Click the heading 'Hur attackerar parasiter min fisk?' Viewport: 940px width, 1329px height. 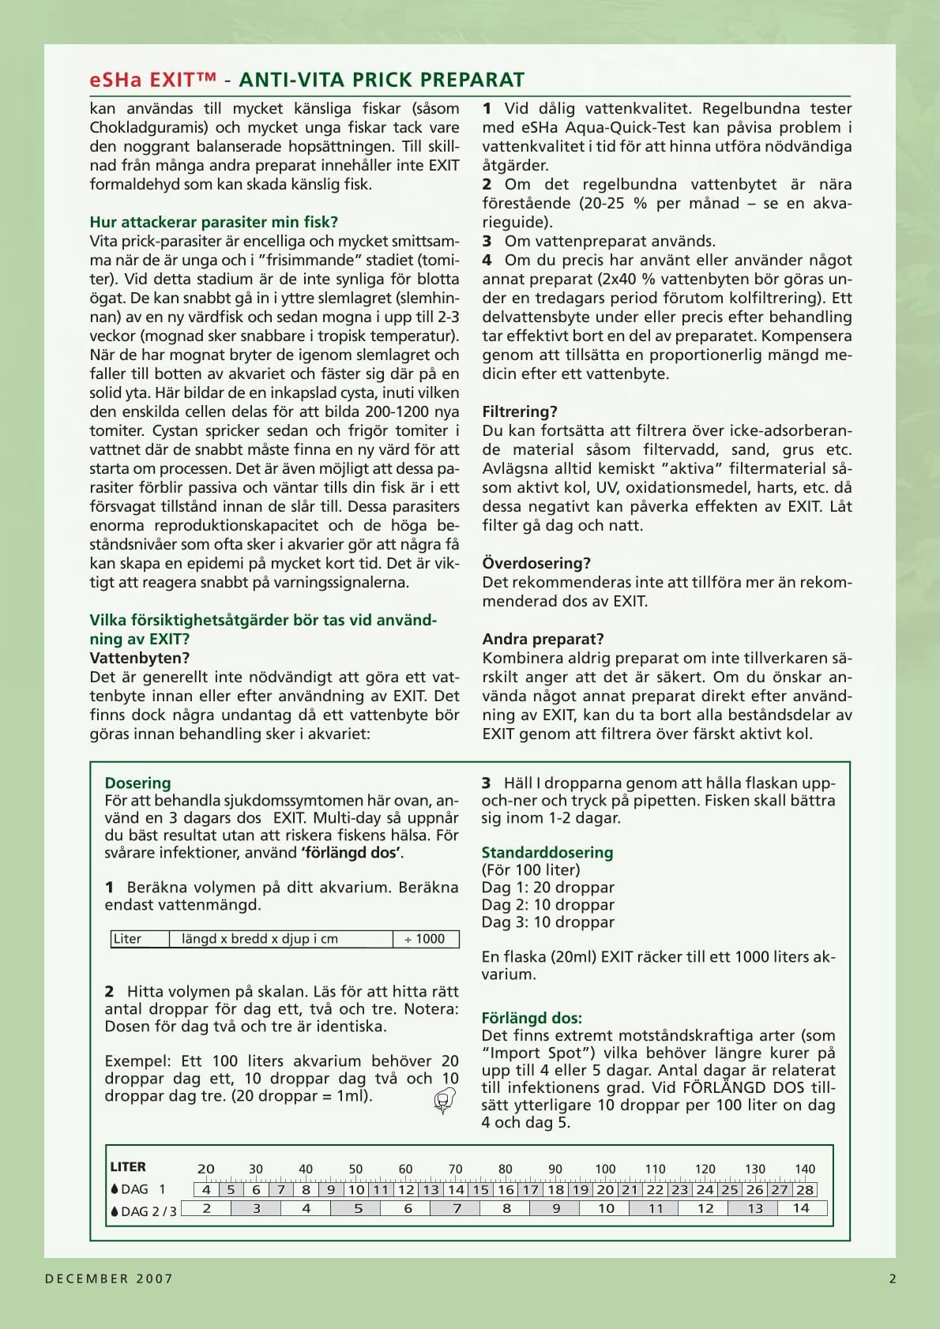pos(213,222)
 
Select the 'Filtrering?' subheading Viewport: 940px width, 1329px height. pos(520,411)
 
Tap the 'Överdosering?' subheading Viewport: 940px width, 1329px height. pos(536,563)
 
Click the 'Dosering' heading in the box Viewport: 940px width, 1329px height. pos(137,783)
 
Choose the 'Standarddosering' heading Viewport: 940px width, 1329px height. pos(547,852)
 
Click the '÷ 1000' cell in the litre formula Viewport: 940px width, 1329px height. pos(425,939)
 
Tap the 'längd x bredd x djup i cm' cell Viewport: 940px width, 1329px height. pos(260,939)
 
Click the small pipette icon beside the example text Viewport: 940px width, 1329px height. pos(445,1099)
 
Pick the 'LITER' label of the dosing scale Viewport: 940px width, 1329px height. pos(128,1166)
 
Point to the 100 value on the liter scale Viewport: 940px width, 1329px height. pos(605,1169)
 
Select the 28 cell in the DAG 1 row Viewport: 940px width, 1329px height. pos(804,1189)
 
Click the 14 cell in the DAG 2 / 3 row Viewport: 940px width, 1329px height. pos(801,1208)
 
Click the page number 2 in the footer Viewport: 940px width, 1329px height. pos(893,1278)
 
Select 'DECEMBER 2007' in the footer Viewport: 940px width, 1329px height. pos(109,1278)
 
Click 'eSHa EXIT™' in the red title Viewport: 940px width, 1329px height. pos(152,80)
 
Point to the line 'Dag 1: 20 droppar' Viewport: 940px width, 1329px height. pos(547,887)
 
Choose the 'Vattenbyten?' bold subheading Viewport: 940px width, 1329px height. pos(140,658)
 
